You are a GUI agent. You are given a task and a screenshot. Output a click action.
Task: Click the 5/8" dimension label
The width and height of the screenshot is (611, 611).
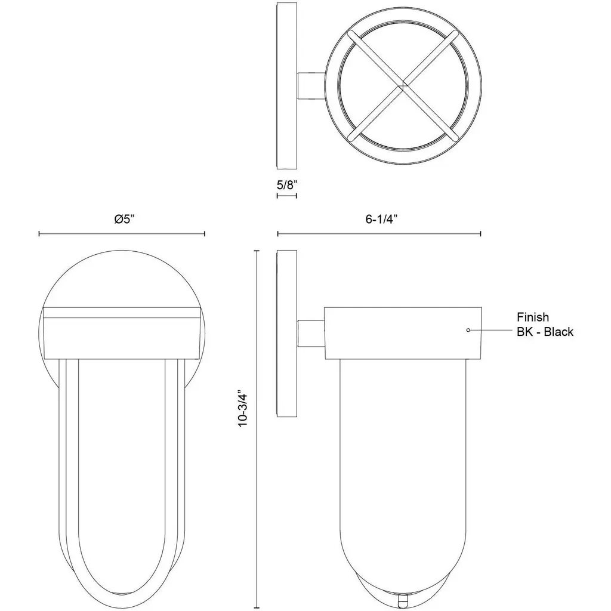287,184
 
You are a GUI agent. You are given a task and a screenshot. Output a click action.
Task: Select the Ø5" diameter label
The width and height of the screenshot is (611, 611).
124,219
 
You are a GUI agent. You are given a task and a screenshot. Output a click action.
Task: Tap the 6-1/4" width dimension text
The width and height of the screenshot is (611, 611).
381,219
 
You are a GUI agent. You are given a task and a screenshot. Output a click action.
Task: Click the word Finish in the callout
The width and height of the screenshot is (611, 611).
533,317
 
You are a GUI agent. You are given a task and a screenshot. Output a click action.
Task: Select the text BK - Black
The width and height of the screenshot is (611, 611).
545,332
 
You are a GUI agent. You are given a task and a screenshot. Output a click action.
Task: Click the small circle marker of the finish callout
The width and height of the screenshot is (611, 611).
468,330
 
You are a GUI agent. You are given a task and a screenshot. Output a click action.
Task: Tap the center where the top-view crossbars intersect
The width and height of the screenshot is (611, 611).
403,85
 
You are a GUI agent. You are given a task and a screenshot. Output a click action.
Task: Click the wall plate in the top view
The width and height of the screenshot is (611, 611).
287,86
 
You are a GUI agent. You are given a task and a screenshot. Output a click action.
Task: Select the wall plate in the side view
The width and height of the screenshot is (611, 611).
287,334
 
